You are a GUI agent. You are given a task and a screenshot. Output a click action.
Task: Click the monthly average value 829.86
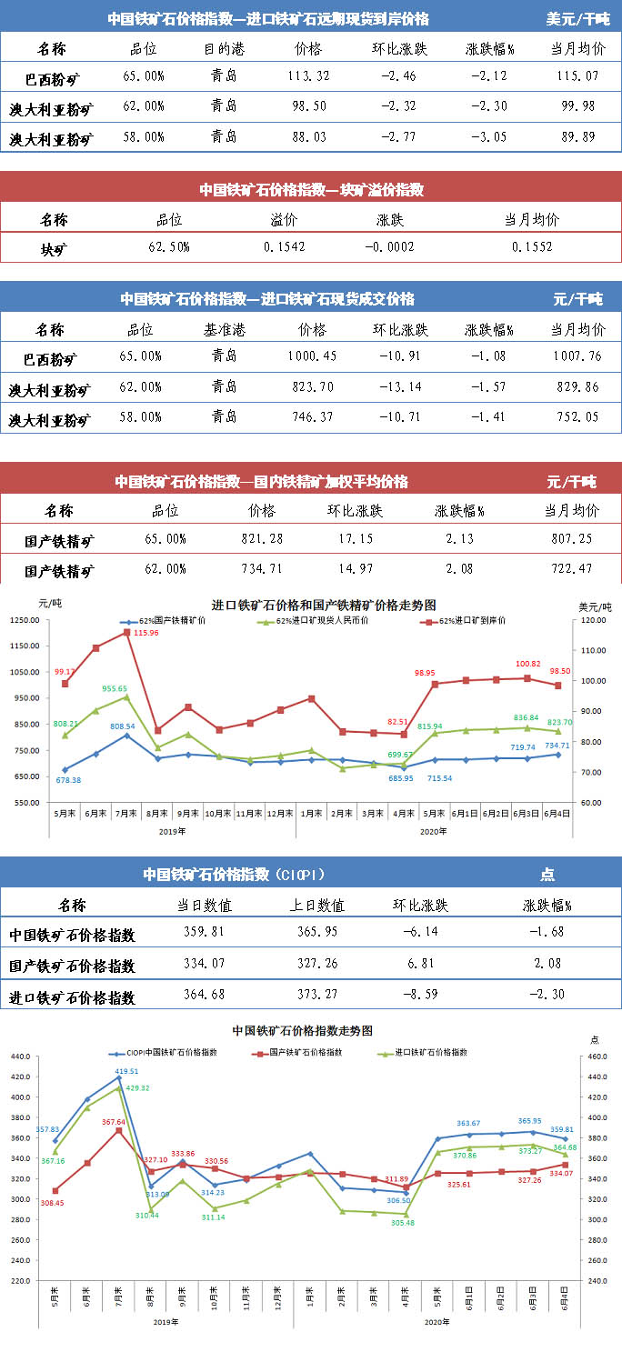coord(577,386)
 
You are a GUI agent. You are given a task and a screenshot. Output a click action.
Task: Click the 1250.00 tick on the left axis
coord(25,620)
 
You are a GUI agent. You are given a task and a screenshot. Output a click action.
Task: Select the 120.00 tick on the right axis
coord(593,620)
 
